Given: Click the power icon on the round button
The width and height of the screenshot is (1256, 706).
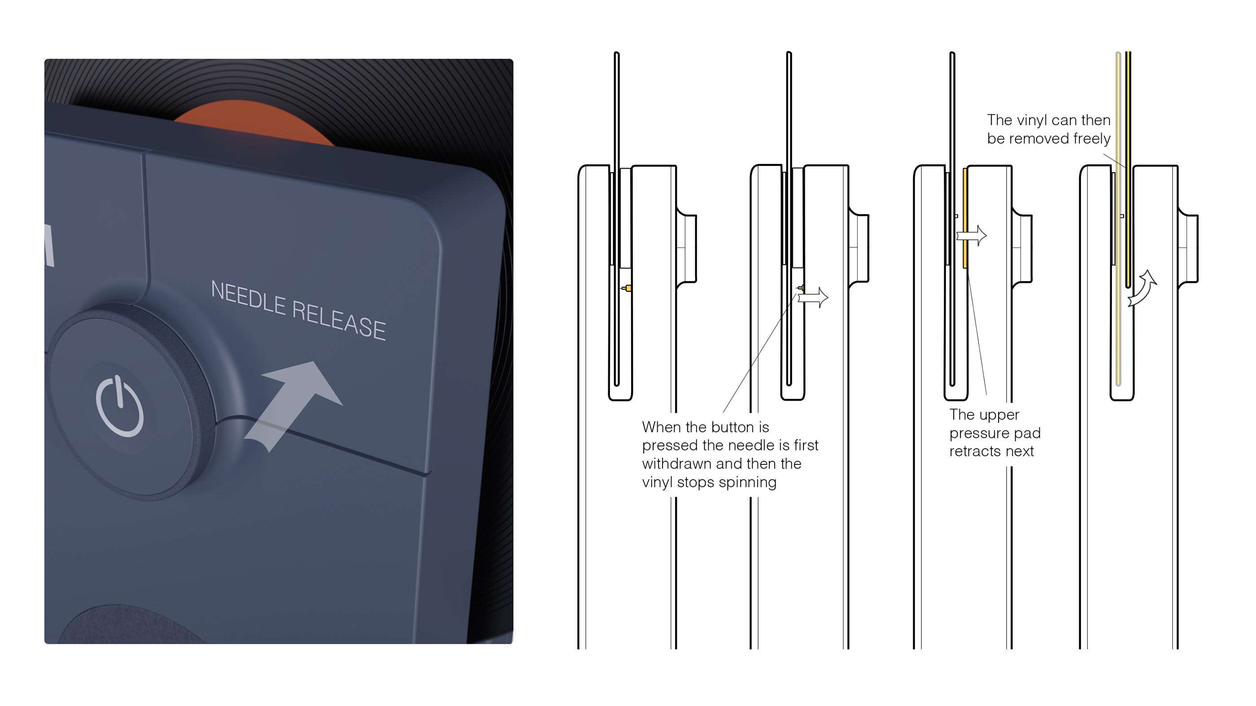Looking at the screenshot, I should (120, 405).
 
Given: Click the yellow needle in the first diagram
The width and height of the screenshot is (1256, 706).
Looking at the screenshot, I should (628, 288).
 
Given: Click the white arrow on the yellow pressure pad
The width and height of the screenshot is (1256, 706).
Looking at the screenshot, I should (971, 236).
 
